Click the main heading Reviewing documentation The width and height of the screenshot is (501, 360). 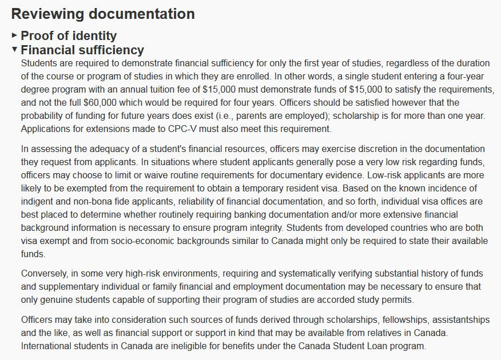(103, 14)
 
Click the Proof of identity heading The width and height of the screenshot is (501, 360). (69, 35)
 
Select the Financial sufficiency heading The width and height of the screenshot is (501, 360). (82, 50)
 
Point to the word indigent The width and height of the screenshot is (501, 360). (39, 201)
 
